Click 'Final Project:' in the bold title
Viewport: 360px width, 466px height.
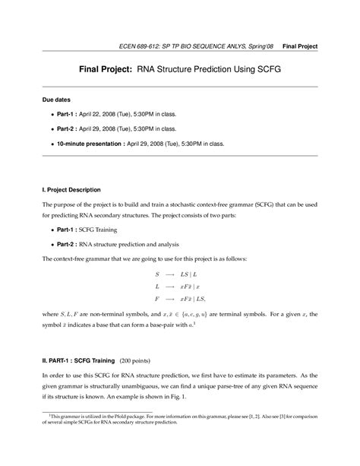(108, 68)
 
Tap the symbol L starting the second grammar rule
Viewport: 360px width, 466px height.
(157, 287)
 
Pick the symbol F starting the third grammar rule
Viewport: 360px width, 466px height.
(157, 300)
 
